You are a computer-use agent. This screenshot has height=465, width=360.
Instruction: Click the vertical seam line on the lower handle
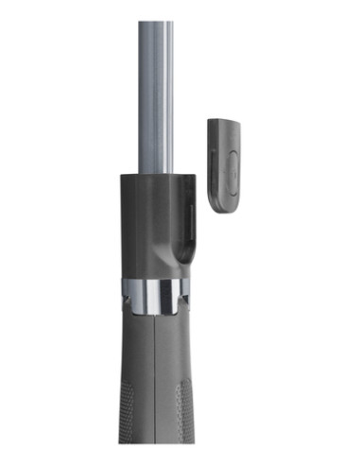pos(156,378)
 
